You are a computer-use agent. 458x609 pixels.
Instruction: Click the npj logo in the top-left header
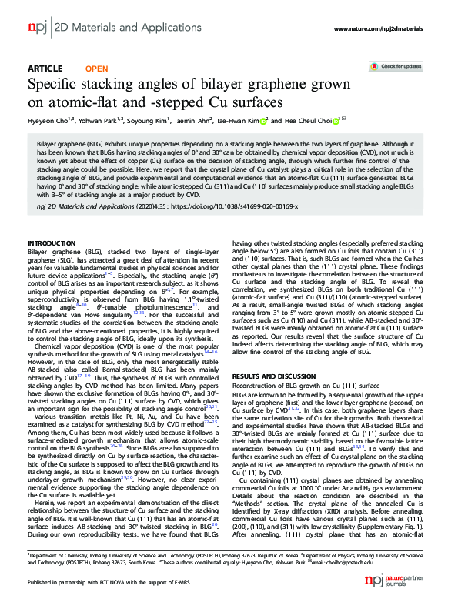click(37, 28)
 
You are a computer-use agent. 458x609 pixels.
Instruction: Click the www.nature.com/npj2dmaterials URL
click(378, 29)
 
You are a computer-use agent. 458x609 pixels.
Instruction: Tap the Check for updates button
click(398, 67)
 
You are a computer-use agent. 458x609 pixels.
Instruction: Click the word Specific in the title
click(56, 85)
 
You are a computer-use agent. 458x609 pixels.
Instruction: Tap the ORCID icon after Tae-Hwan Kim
click(263, 121)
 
